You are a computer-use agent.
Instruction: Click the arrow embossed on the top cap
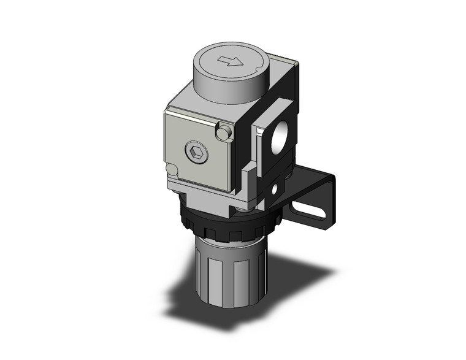coord(231,61)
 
